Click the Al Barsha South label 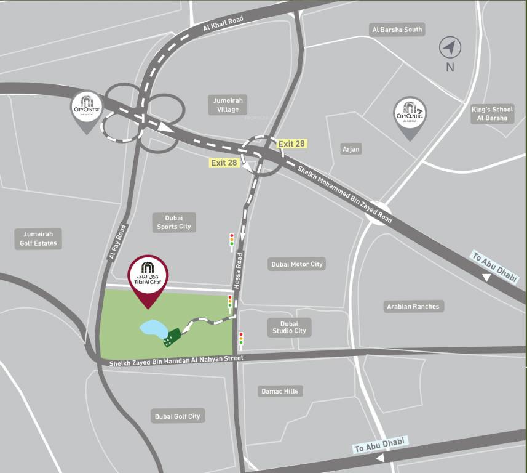click(x=397, y=30)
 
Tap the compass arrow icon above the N click(x=450, y=47)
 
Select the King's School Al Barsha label click(x=493, y=114)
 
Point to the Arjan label click(x=351, y=149)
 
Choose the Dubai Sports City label click(x=178, y=222)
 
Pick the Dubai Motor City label click(x=297, y=264)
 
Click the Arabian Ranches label click(x=413, y=306)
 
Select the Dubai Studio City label click(x=289, y=327)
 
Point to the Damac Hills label click(x=279, y=391)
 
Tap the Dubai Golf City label click(x=177, y=416)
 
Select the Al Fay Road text click(x=117, y=242)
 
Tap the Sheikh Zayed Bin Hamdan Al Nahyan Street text click(x=176, y=361)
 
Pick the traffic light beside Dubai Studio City click(x=240, y=338)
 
